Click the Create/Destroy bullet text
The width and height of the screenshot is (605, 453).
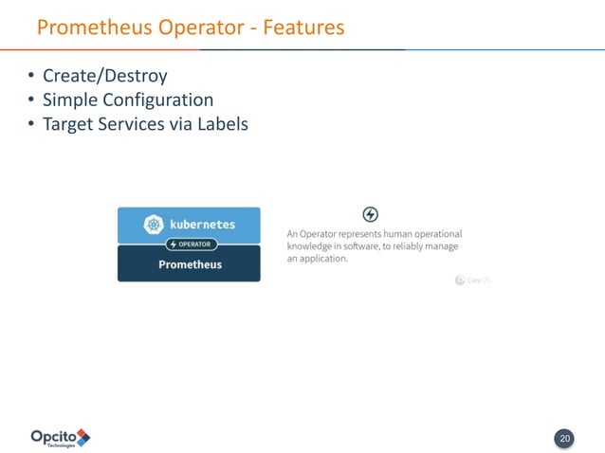click(105, 76)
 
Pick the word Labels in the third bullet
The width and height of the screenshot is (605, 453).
click(221, 123)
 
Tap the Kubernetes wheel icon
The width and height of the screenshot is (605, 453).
click(154, 225)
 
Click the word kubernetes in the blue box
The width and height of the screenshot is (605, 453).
click(202, 225)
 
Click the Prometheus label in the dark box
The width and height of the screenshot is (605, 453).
click(190, 264)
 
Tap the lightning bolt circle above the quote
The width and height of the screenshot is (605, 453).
click(371, 214)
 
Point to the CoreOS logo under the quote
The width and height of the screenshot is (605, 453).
click(471, 280)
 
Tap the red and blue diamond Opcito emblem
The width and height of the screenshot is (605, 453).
click(82, 437)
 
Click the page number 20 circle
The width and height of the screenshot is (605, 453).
click(564, 439)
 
